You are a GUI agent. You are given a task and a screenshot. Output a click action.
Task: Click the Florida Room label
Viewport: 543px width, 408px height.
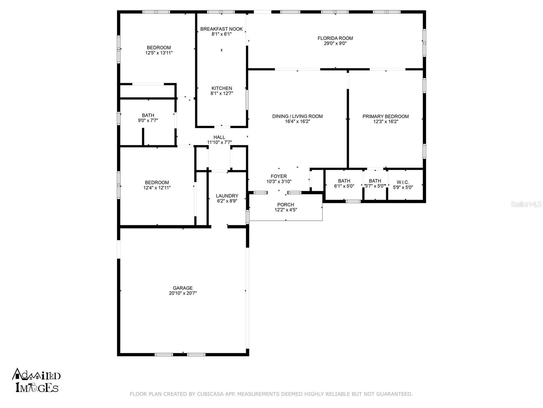[x=335, y=38]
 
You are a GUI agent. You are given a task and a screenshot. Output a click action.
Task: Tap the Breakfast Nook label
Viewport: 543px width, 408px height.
[x=221, y=29]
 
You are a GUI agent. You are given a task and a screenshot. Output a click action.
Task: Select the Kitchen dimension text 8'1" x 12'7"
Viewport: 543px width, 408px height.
[x=222, y=93]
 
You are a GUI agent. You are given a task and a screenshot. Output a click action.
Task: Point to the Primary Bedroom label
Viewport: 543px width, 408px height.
[x=386, y=116]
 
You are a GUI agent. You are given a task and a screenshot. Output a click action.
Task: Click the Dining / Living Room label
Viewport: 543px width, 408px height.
[x=297, y=116]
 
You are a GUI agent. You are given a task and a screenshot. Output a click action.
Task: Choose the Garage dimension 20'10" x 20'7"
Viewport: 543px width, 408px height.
[x=183, y=293]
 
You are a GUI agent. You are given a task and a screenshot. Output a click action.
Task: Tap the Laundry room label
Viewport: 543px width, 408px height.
[x=227, y=196]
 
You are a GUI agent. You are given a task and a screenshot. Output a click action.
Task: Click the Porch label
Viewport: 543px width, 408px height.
[x=285, y=205]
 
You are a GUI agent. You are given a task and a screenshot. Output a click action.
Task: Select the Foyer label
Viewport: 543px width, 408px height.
[x=279, y=176]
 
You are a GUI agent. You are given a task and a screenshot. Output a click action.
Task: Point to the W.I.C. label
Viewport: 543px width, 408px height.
[x=403, y=182]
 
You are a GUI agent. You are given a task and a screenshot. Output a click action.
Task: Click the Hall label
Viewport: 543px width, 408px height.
[x=219, y=137]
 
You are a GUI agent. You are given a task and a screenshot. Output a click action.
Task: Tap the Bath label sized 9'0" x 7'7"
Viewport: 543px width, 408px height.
[x=148, y=115]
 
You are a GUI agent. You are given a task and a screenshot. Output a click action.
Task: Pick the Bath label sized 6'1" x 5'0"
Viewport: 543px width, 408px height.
[x=344, y=181]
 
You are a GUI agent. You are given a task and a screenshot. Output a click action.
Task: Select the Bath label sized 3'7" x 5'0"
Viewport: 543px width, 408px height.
[x=375, y=181]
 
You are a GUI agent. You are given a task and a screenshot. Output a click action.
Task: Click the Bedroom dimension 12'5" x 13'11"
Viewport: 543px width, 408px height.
[x=159, y=53]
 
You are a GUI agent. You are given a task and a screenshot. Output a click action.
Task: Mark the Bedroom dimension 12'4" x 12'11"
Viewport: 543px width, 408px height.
[x=157, y=188]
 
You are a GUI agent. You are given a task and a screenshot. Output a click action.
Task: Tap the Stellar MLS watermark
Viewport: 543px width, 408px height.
[x=526, y=204]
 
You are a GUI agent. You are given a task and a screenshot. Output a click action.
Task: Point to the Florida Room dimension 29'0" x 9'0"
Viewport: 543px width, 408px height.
[x=335, y=44]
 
